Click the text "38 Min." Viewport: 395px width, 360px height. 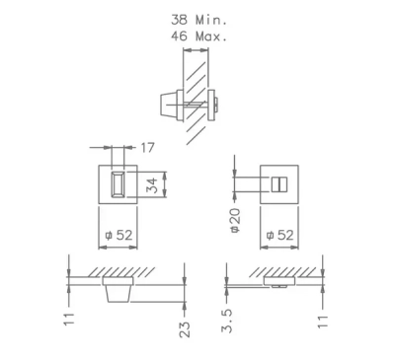point(198,19)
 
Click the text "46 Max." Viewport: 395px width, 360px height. point(198,36)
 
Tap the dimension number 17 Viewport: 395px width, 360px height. point(148,149)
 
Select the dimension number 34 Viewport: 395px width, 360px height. point(151,184)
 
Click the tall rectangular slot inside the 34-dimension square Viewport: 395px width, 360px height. point(118,184)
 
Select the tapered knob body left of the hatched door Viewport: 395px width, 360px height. point(169,103)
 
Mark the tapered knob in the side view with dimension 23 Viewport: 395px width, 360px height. point(118,292)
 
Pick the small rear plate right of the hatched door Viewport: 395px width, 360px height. point(210,103)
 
